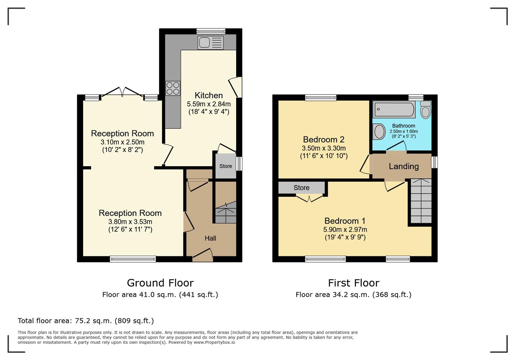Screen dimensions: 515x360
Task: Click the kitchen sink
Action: [x=210, y=43]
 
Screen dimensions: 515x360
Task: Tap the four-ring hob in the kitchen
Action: [x=173, y=88]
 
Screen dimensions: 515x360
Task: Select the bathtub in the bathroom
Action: [x=394, y=109]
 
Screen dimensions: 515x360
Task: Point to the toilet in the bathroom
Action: [x=426, y=110]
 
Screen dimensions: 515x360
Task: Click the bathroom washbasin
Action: [x=379, y=132]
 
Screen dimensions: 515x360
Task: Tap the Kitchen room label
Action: [x=209, y=95]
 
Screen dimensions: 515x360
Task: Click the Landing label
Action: [x=404, y=166]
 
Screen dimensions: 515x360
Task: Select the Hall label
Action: [x=210, y=238]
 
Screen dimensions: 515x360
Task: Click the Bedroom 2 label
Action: [x=324, y=139]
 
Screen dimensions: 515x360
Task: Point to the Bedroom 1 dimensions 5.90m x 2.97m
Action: [x=345, y=229]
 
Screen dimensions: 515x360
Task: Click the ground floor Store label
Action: [x=225, y=166]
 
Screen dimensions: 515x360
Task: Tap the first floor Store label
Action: [x=302, y=188]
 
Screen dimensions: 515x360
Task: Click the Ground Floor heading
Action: [x=160, y=283]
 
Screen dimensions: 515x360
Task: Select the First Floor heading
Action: [x=354, y=283]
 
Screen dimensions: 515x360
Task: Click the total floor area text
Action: [x=86, y=321]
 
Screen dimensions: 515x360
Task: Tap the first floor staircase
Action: [x=421, y=201]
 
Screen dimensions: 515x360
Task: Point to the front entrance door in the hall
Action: [x=202, y=255]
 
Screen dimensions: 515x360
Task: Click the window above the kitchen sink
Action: [x=211, y=31]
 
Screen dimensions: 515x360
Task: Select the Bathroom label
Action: [x=404, y=126]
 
